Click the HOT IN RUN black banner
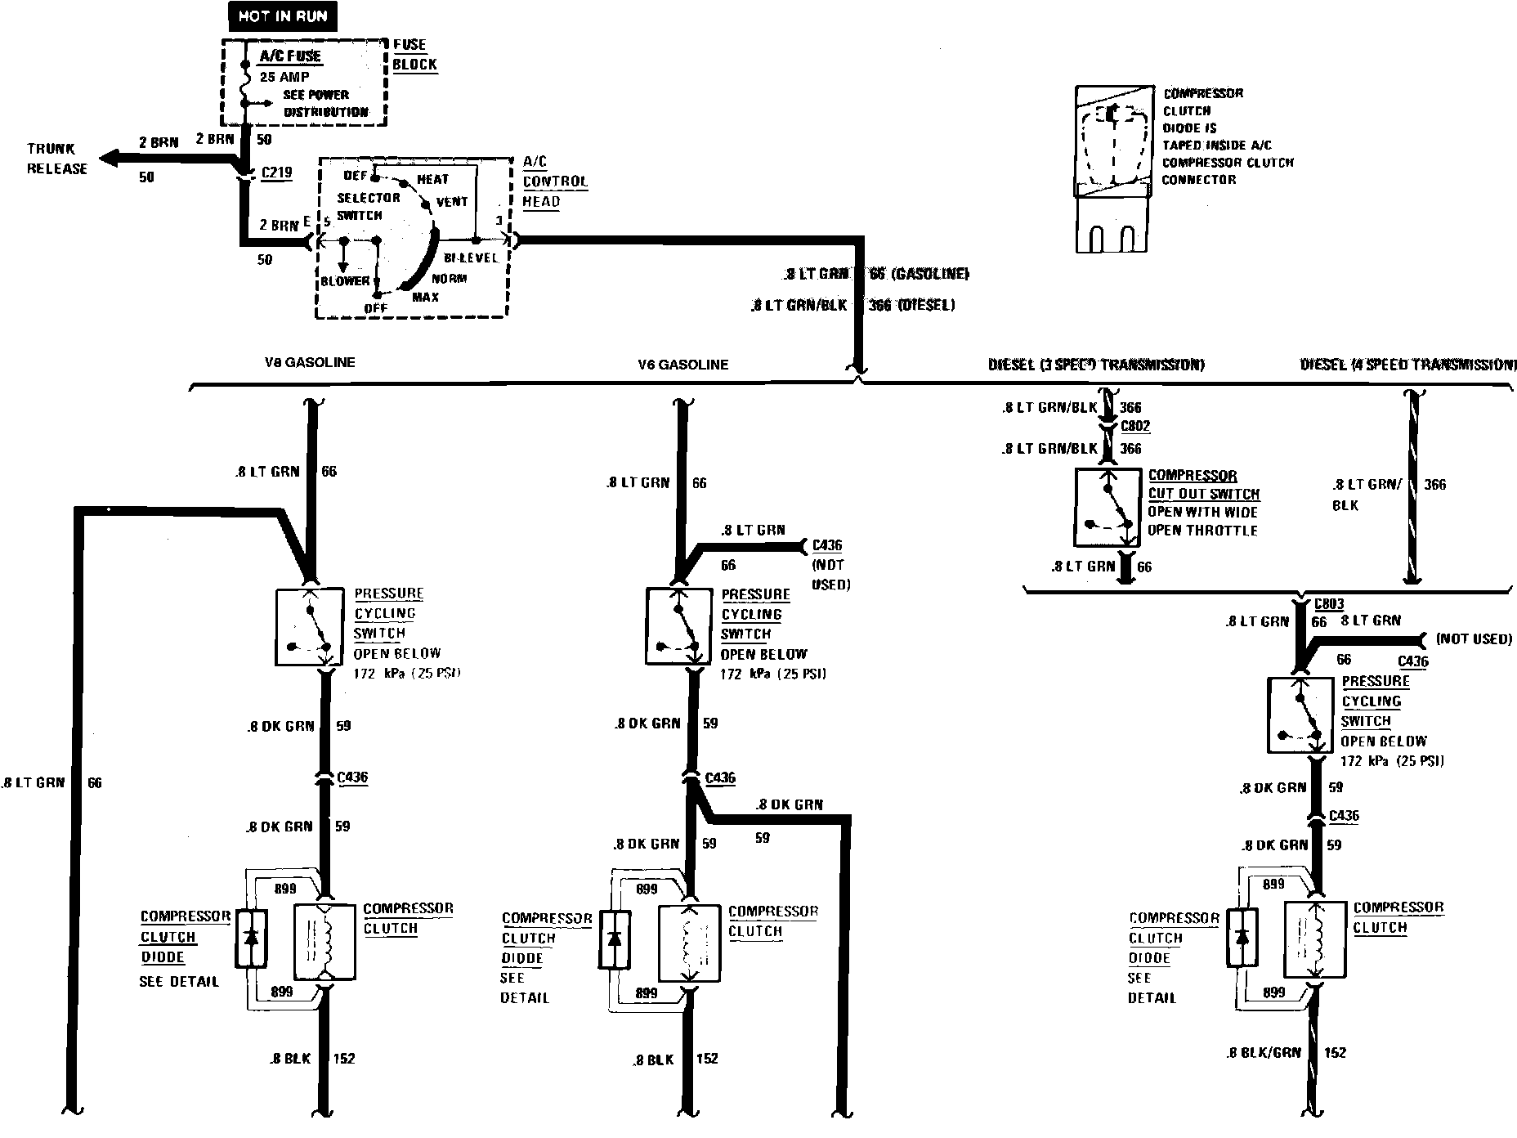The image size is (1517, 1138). (x=282, y=16)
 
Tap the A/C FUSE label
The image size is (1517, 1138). (x=290, y=56)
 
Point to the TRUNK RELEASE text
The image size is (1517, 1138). (x=56, y=159)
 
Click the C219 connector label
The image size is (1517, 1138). (x=275, y=172)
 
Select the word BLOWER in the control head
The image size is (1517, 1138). (x=345, y=281)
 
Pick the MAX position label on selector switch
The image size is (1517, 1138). (x=425, y=297)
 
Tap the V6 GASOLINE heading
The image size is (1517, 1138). (x=683, y=365)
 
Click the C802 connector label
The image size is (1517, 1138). (x=1135, y=426)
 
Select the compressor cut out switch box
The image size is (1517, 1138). (x=1108, y=507)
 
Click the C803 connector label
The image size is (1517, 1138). (x=1329, y=604)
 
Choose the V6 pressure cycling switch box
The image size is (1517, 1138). (x=678, y=627)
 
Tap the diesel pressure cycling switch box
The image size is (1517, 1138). (x=1300, y=715)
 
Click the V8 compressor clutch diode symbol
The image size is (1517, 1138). (x=252, y=938)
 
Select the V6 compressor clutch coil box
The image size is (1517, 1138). (x=690, y=943)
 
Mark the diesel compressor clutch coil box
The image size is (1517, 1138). (x=1315, y=939)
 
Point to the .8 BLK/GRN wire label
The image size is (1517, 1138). (x=1264, y=1053)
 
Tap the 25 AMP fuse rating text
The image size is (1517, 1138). (x=284, y=77)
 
